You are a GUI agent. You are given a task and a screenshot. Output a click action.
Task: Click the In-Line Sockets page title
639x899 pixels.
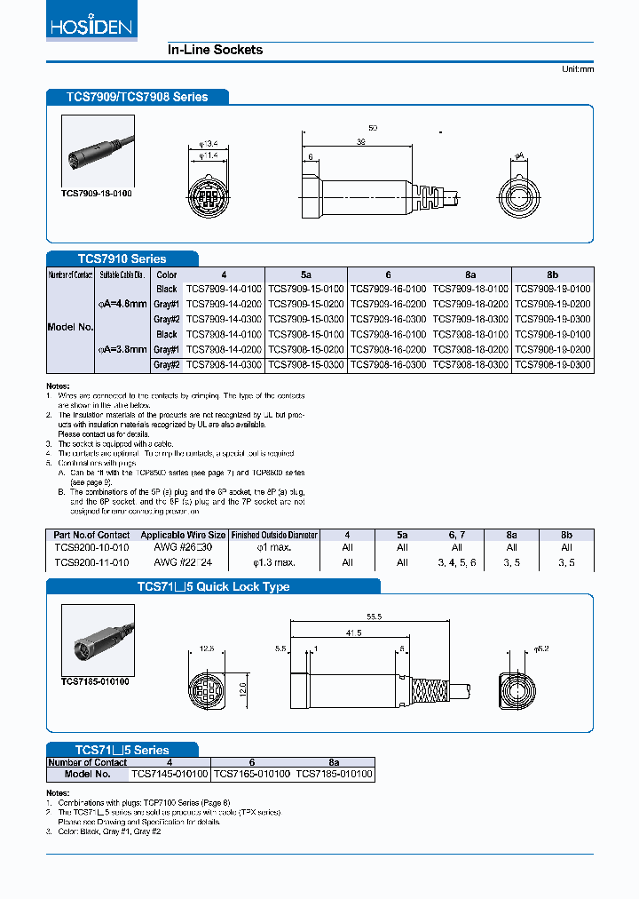[215, 50]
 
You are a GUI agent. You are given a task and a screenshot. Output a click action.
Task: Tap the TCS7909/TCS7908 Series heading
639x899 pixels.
[137, 97]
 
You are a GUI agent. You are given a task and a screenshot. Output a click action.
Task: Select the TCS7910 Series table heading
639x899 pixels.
[122, 259]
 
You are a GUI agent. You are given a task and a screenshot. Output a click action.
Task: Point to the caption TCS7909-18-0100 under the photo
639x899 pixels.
[96, 193]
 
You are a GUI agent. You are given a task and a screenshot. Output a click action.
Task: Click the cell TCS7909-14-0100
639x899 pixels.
[223, 290]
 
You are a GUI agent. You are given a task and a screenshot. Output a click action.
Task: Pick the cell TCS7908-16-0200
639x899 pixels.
[388, 350]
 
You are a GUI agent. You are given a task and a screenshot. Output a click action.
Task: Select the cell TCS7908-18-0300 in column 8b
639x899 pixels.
[552, 365]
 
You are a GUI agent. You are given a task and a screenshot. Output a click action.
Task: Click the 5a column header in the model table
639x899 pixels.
[305, 275]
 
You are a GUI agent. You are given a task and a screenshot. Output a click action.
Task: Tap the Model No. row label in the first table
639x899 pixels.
[70, 327]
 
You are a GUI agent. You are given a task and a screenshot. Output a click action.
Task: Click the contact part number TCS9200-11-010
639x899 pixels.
[91, 562]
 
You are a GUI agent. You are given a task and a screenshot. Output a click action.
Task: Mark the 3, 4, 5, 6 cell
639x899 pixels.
[457, 562]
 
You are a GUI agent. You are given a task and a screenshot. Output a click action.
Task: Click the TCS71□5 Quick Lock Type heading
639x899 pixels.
[213, 587]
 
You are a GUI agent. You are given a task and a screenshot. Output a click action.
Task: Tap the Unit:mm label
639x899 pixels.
[577, 69]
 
